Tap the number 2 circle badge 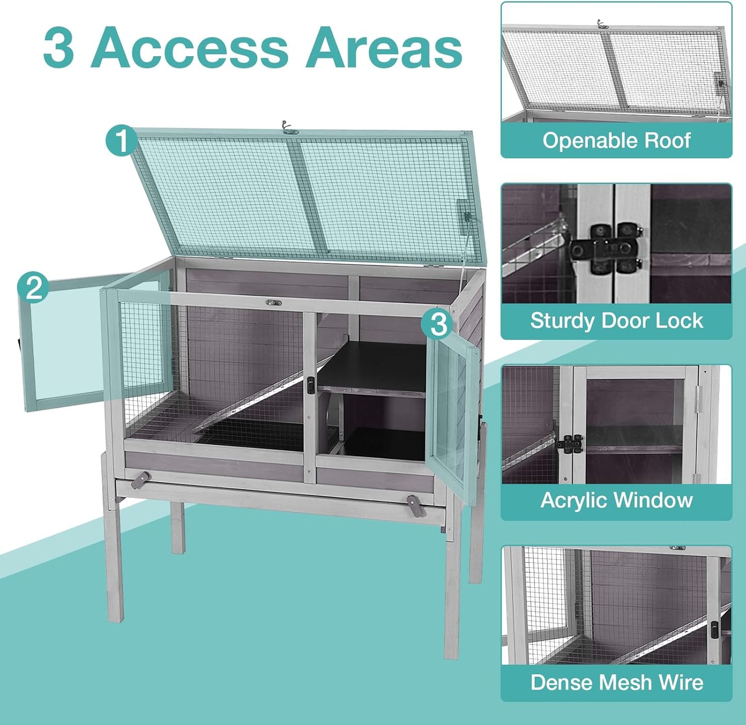tap(34, 287)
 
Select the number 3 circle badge tap(438, 324)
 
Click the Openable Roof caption tap(616, 140)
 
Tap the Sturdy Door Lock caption tap(616, 321)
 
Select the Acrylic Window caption tap(616, 500)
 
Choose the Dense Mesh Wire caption tap(616, 682)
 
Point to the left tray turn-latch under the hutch tap(140, 480)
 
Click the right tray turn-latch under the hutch tap(416, 505)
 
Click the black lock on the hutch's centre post tap(311, 385)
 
